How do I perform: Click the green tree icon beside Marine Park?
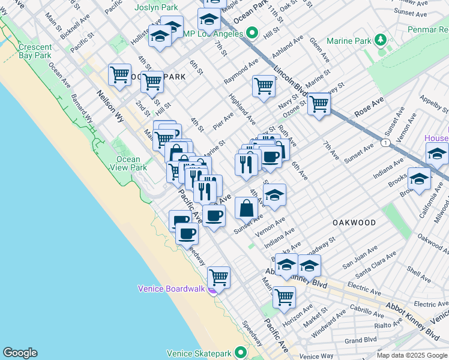click(379, 41)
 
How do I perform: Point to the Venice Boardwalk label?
click(171, 288)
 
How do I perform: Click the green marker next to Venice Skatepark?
click(241, 352)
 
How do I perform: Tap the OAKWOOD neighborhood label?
click(354, 223)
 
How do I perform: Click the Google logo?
click(20, 353)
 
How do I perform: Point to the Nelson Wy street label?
click(110, 107)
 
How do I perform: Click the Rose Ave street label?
click(369, 109)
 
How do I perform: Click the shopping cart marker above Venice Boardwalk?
click(219, 277)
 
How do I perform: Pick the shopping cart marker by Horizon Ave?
click(284, 296)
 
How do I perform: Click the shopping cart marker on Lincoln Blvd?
click(319, 104)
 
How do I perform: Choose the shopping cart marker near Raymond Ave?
click(264, 86)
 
